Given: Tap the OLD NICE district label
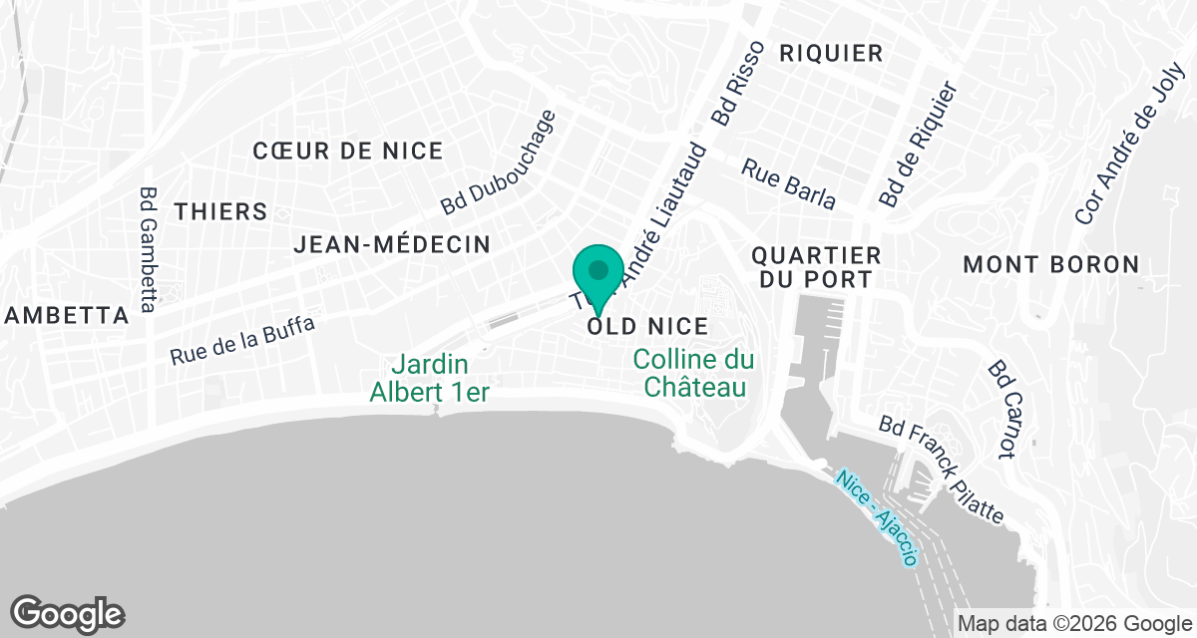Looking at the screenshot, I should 647,326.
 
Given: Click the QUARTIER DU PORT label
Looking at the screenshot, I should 817,267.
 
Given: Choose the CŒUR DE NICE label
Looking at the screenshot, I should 347,151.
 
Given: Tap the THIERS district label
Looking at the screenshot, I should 220,211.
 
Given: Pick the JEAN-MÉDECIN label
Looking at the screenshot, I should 391,244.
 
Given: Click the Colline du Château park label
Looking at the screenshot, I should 694,373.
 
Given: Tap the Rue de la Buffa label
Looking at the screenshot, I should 241,340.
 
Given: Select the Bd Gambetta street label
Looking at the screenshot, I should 149,249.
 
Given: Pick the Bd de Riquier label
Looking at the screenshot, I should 918,146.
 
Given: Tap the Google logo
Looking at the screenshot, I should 68,613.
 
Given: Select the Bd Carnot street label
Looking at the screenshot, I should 1001,410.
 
